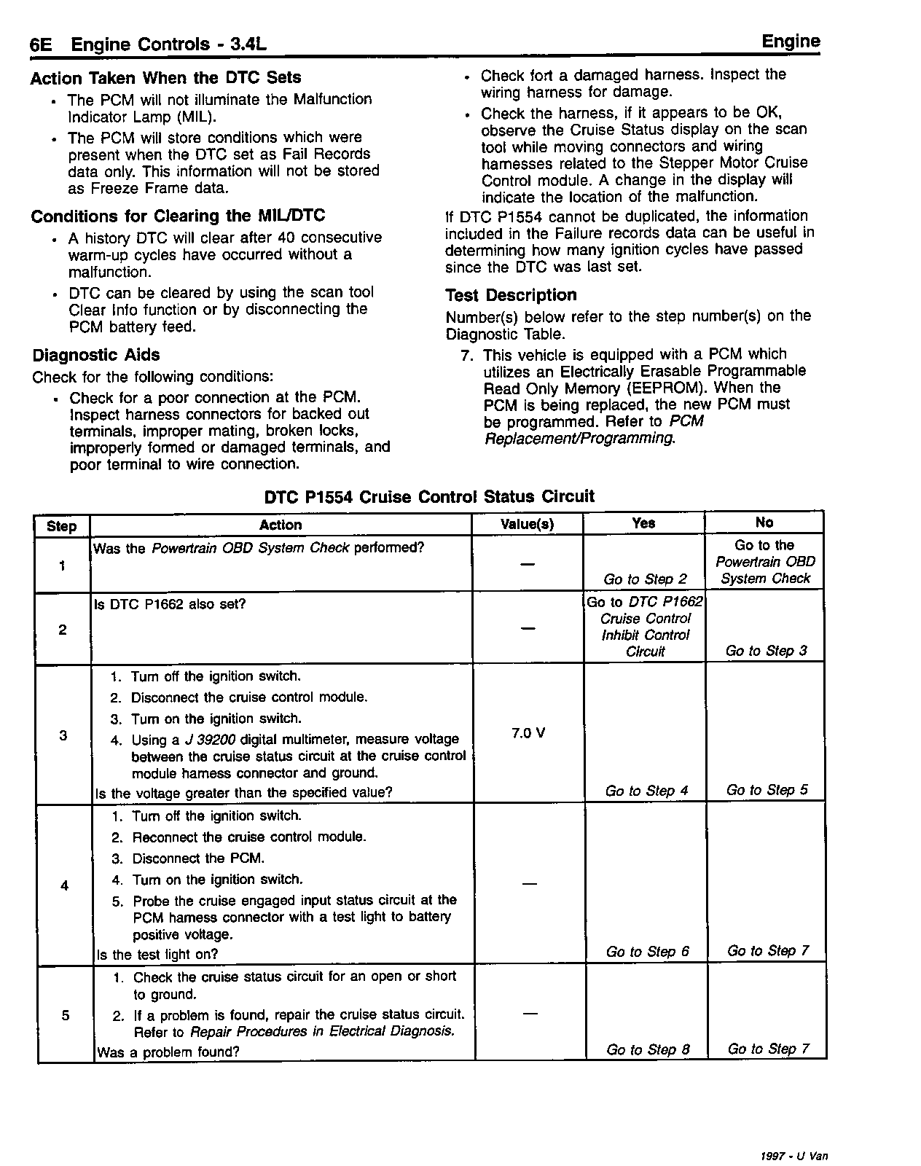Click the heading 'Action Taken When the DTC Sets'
[x=165, y=78]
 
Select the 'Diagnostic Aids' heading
[x=95, y=356]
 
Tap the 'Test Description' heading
[x=511, y=295]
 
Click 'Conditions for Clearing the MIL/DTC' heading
[x=178, y=216]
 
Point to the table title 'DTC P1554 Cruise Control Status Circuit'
[x=429, y=497]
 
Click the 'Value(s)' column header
[x=528, y=525]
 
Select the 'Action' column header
[x=281, y=525]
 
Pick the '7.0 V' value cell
[x=528, y=733]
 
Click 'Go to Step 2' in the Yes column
[x=645, y=579]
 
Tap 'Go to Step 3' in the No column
[x=766, y=651]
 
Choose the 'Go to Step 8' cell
[x=648, y=1049]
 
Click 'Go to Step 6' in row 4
[x=647, y=952]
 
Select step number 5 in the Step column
[x=66, y=1014]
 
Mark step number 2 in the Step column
[x=63, y=630]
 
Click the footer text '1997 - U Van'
[x=793, y=1156]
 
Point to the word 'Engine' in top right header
[x=791, y=42]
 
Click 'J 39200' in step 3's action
[x=210, y=740]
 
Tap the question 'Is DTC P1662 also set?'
[x=171, y=605]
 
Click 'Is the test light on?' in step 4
[x=157, y=955]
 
